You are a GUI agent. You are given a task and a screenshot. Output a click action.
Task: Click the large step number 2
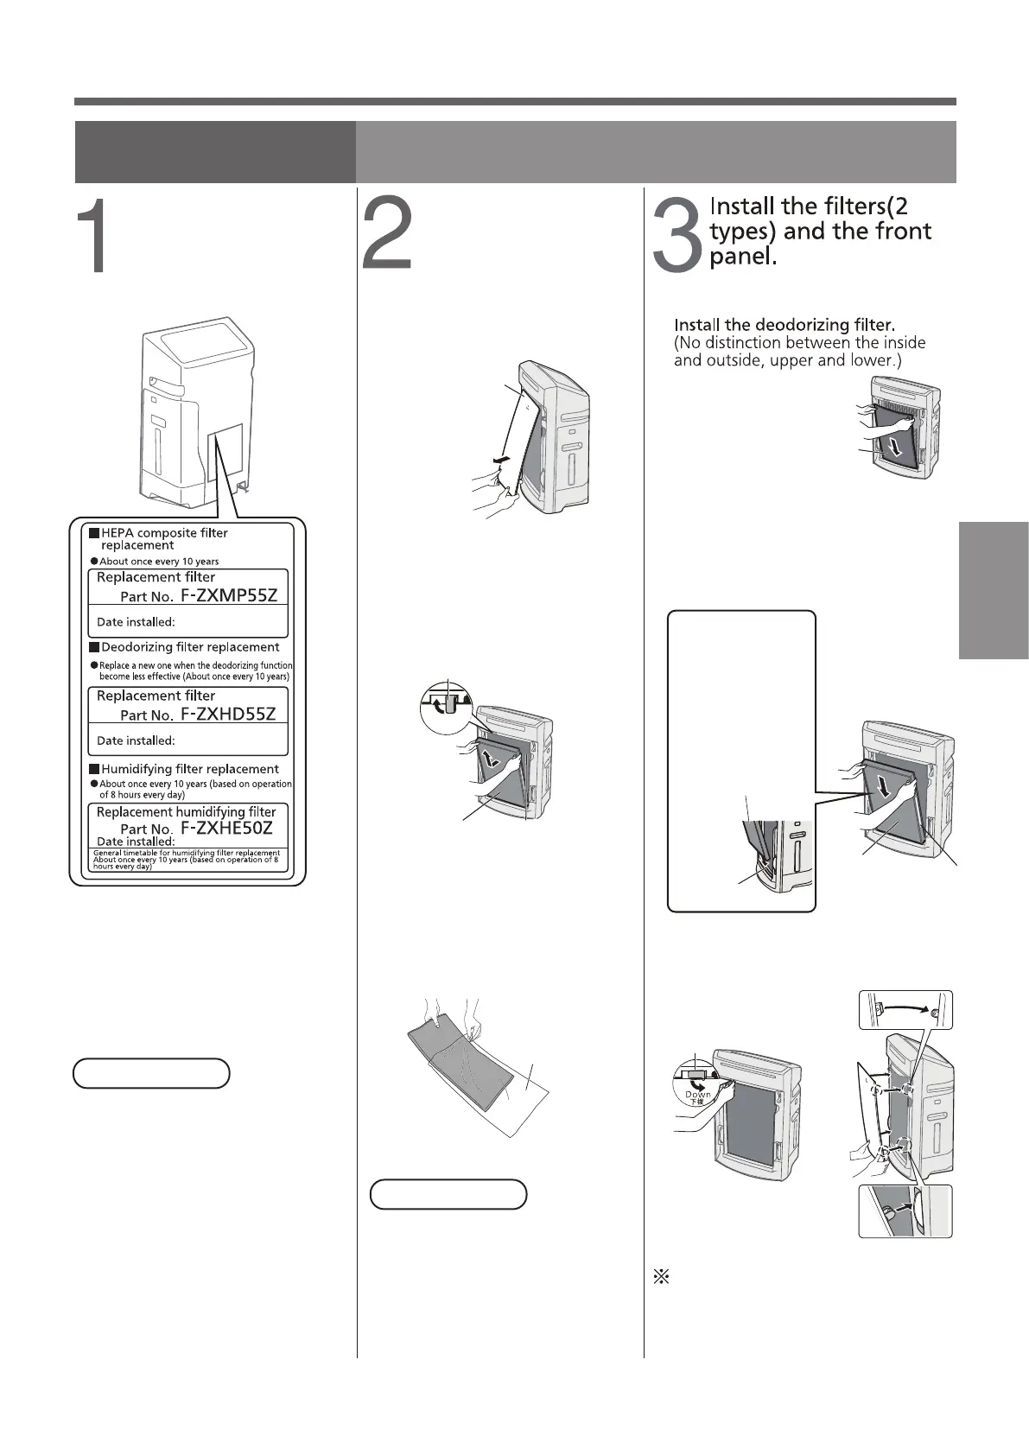(x=386, y=236)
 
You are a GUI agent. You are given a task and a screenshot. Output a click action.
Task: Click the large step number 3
(x=676, y=236)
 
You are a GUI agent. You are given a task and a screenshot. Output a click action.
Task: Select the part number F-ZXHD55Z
(x=227, y=714)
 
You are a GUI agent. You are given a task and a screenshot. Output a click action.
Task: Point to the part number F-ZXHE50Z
(x=226, y=828)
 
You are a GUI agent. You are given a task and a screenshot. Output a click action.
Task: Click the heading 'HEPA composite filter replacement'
(x=164, y=539)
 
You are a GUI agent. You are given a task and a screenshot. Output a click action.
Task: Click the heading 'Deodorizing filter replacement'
(x=190, y=647)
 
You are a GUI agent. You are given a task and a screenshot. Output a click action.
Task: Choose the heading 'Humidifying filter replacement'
(x=190, y=769)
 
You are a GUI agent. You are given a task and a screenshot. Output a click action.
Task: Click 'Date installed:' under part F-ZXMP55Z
(x=136, y=622)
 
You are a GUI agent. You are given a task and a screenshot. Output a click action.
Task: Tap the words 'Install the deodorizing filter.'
(x=784, y=325)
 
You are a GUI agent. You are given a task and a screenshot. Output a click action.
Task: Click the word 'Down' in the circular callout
(x=698, y=1094)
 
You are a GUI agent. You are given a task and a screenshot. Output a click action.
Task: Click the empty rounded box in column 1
(x=151, y=1073)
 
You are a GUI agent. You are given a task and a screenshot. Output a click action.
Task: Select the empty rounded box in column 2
(x=448, y=1194)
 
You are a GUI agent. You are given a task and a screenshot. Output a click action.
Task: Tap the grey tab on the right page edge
(x=994, y=590)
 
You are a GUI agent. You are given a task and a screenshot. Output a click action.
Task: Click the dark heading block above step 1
(x=215, y=152)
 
